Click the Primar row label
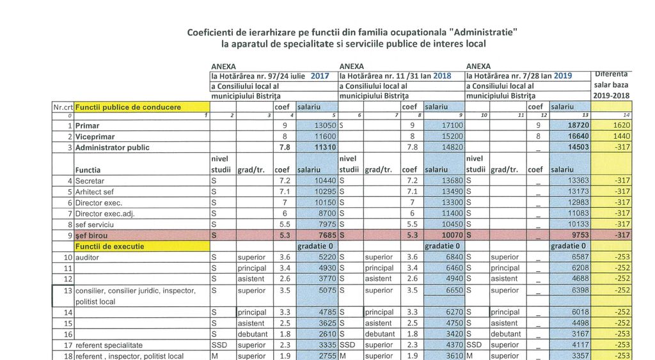(88, 126)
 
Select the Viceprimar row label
(93, 137)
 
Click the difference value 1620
(620, 126)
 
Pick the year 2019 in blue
(563, 75)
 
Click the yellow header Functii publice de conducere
(128, 107)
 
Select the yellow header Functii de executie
(109, 246)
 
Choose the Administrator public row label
(113, 148)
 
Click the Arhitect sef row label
(95, 192)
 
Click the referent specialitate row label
(109, 345)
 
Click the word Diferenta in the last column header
(611, 73)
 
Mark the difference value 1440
(620, 137)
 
